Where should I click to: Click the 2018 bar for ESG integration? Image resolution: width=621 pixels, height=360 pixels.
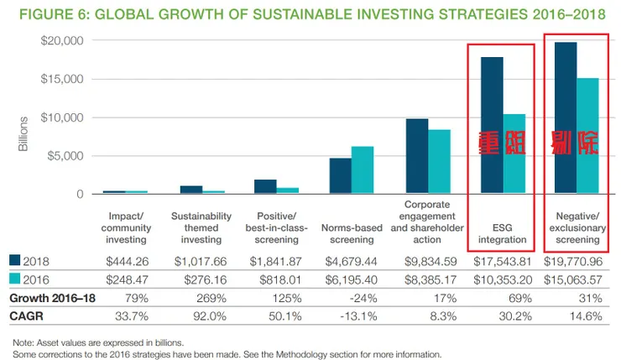click(x=492, y=126)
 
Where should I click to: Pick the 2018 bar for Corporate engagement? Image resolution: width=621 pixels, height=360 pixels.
click(x=417, y=156)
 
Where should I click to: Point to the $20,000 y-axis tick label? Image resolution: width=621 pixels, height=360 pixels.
click(x=60, y=41)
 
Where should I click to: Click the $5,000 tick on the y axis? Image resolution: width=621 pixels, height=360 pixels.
click(x=63, y=156)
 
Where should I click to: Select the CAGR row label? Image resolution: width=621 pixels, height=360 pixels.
click(x=26, y=316)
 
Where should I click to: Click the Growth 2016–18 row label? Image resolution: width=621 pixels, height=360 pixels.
click(x=50, y=297)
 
